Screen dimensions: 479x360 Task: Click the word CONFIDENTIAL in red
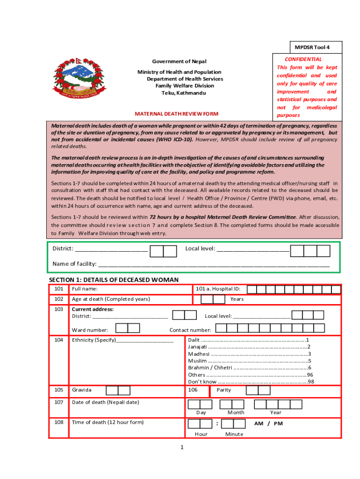pyautogui.click(x=303, y=59)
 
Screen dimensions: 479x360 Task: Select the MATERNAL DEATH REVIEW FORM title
pyautogui.click(x=177, y=114)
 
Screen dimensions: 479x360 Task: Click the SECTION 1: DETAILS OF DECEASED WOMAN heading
pyautogui.click(x=114, y=280)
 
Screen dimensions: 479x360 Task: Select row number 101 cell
pyautogui.click(x=58, y=289)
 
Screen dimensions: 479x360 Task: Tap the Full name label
pyautogui.click(x=85, y=289)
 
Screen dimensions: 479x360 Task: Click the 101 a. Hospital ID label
pyautogui.click(x=218, y=289)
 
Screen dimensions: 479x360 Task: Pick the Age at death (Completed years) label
pyautogui.click(x=111, y=299)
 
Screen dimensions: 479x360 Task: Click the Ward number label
pyautogui.click(x=90, y=330)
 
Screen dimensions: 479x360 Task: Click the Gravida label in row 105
pyautogui.click(x=82, y=390)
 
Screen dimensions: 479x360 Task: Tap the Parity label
pyautogui.click(x=224, y=390)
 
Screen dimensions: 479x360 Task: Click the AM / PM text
pyautogui.click(x=268, y=423)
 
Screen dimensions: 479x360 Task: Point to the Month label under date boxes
pyautogui.click(x=236, y=413)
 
